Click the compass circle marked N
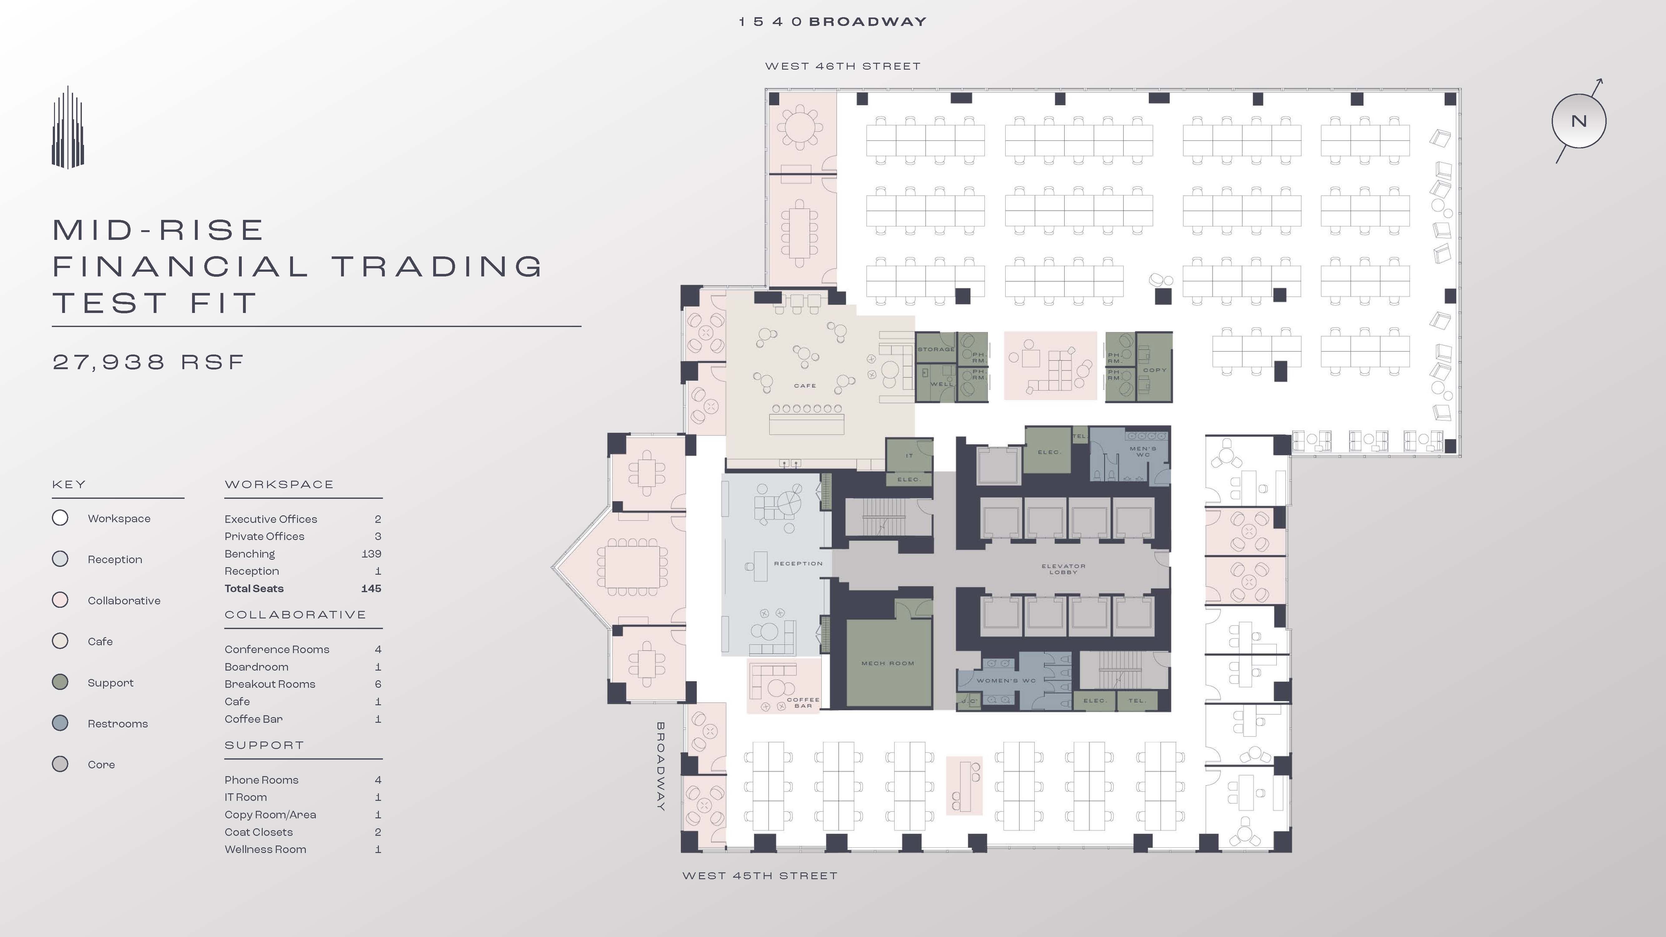1578,121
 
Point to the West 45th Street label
760,875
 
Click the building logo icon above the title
68,127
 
